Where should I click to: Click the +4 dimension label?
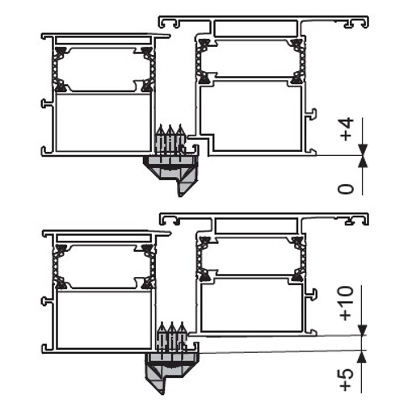347,129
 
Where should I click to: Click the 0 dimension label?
346,189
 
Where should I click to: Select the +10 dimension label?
347,303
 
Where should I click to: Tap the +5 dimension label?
347,380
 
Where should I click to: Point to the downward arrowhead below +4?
363,149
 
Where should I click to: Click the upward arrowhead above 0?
363,162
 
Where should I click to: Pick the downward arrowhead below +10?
363,330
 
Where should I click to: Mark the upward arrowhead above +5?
363,356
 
